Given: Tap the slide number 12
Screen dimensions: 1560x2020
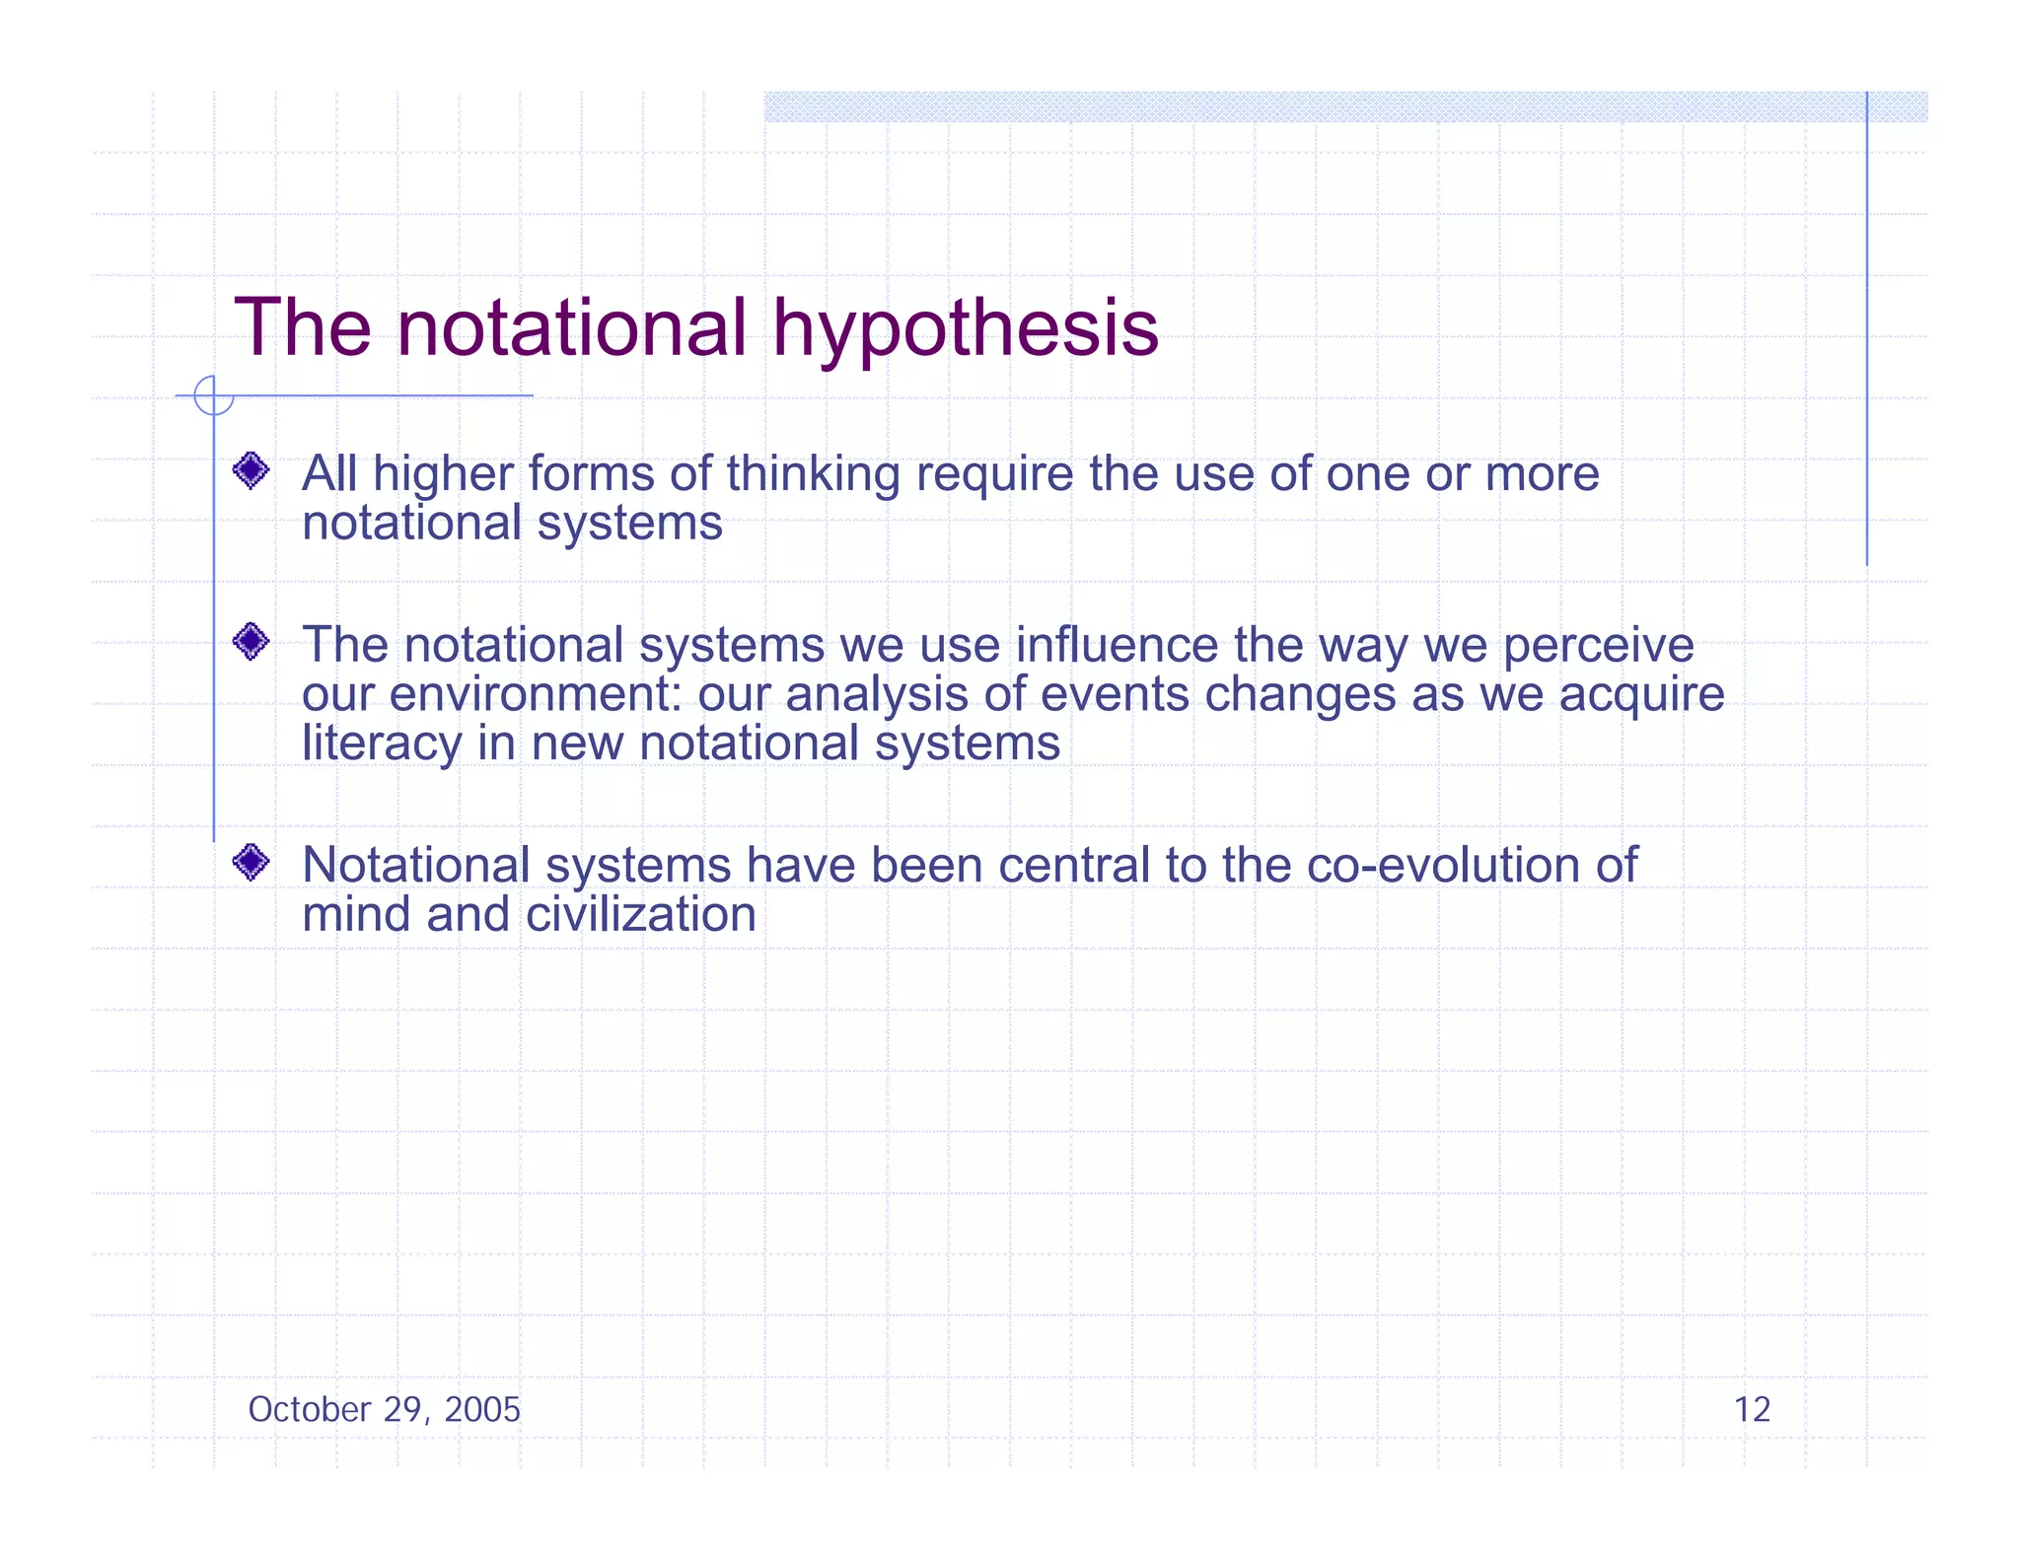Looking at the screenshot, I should click(1752, 1410).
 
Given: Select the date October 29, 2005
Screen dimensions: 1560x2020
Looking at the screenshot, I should click(384, 1410).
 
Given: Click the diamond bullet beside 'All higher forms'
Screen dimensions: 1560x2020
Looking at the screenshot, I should click(252, 470).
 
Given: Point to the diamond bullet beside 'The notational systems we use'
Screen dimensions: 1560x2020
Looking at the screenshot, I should click(252, 642).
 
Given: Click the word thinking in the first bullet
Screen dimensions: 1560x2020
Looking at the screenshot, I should click(813, 474).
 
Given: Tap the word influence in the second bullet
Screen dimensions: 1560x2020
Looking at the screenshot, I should click(1117, 646).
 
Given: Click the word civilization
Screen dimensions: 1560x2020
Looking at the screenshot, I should click(641, 914).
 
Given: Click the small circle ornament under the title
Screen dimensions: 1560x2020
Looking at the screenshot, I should click(213, 396).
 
